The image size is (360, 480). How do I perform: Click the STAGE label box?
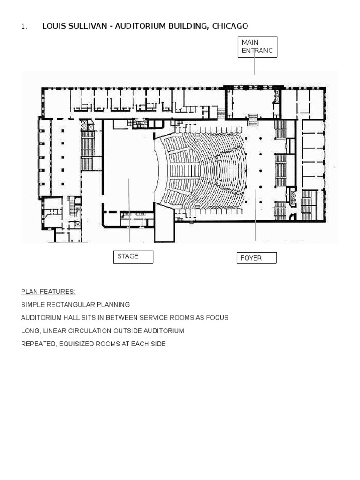click(x=133, y=257)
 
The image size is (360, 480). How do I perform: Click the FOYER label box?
click(x=256, y=258)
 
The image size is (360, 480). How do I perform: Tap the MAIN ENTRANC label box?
click(x=257, y=47)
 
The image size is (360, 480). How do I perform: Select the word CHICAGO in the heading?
click(x=230, y=26)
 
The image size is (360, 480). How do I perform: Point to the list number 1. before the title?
click(x=24, y=27)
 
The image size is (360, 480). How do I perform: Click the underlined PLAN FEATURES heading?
click(x=48, y=292)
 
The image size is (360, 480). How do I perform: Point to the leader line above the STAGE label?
click(x=129, y=210)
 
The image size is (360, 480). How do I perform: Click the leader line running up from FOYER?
click(x=255, y=215)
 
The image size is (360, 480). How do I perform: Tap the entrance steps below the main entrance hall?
click(x=253, y=120)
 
